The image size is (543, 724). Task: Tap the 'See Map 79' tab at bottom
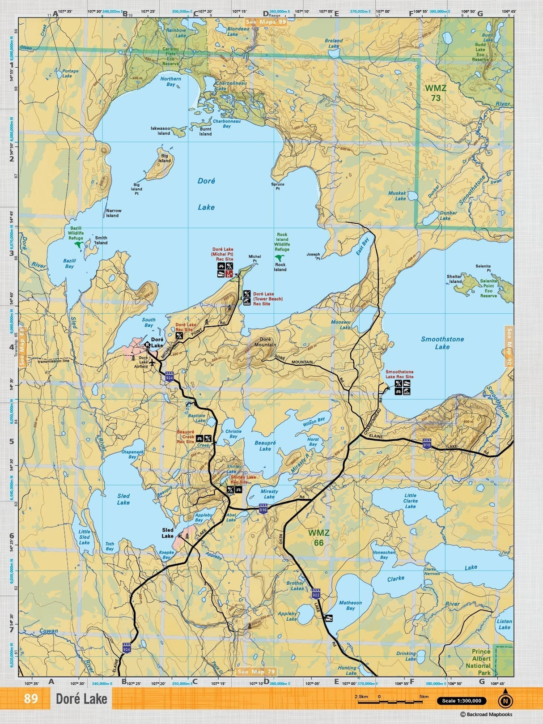pyautogui.click(x=256, y=672)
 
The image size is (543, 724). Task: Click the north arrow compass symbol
pyautogui.click(x=505, y=700)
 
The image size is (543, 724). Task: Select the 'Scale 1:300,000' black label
pyautogui.click(x=461, y=701)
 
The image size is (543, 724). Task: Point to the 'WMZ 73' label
pyautogui.click(x=436, y=93)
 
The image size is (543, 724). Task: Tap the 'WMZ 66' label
pyautogui.click(x=318, y=538)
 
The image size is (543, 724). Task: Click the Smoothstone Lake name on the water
pyautogui.click(x=442, y=343)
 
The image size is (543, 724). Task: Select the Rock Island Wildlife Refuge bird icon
pyautogui.click(x=279, y=258)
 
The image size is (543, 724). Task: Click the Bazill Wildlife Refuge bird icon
pyautogui.click(x=79, y=245)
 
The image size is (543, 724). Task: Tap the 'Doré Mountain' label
pyautogui.click(x=265, y=342)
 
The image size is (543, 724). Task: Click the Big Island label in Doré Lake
pyautogui.click(x=165, y=158)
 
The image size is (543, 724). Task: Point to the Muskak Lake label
pyautogui.click(x=397, y=196)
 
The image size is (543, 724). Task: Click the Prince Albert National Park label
pyautogui.click(x=481, y=662)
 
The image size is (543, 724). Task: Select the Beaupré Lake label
pyautogui.click(x=265, y=446)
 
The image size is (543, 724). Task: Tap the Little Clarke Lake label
pyautogui.click(x=410, y=501)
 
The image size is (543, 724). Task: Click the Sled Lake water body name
pyautogui.click(x=123, y=499)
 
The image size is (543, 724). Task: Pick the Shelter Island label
pyautogui.click(x=454, y=279)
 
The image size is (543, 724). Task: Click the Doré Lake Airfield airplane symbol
pyautogui.click(x=153, y=363)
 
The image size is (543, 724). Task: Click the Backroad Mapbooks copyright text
pyautogui.click(x=486, y=715)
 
